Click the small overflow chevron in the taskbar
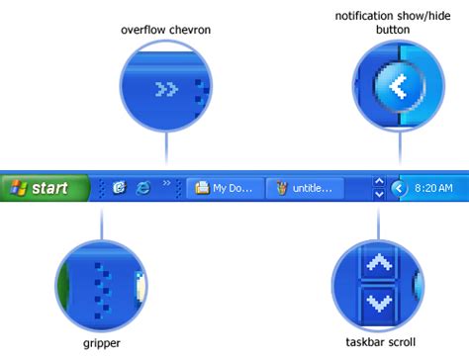point(167,182)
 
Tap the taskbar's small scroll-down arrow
point(379,194)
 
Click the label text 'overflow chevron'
point(166,30)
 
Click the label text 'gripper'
point(101,344)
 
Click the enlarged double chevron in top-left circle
point(167,90)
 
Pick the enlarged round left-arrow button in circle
point(398,87)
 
